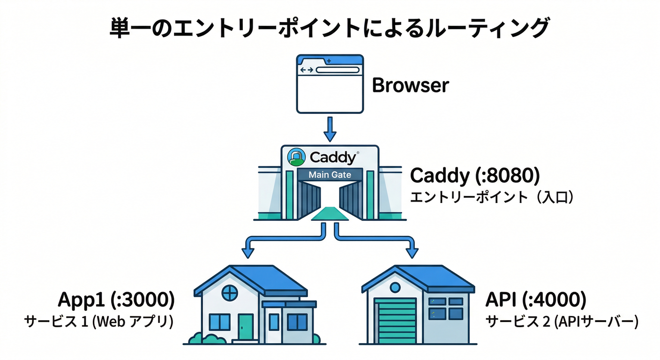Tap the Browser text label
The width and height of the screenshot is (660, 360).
click(410, 86)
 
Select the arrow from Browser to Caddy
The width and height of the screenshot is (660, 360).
click(330, 129)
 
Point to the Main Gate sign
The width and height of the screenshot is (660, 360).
click(330, 175)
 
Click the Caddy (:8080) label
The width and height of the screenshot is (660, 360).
click(475, 176)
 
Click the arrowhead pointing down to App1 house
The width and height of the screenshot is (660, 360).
click(247, 252)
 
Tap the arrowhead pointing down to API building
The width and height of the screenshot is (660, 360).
click(412, 252)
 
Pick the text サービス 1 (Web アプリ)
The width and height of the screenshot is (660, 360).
click(99, 322)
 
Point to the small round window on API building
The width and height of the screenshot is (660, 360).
click(396, 287)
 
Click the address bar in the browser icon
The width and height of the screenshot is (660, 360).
click(337, 70)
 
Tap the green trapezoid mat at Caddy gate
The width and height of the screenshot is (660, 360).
click(330, 215)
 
